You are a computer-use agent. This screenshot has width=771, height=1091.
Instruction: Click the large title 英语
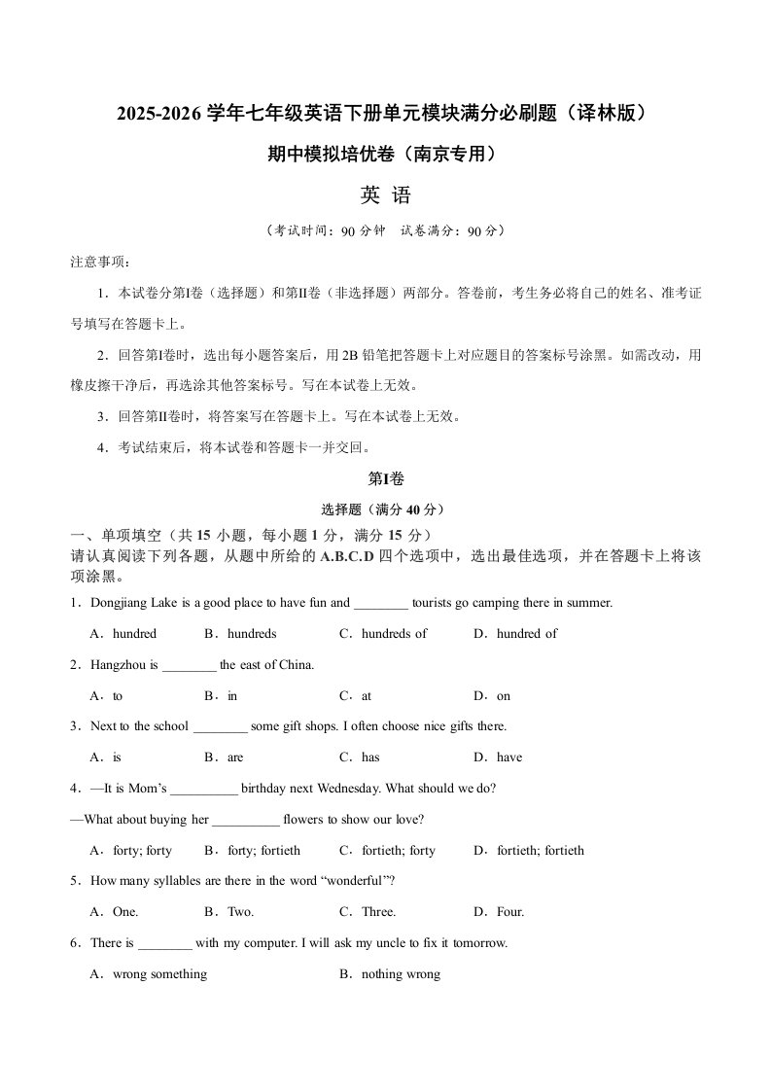click(x=386, y=195)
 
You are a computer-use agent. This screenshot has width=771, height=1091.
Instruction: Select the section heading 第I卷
click(x=386, y=478)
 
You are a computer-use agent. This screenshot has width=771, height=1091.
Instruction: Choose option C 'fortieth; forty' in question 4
click(x=398, y=850)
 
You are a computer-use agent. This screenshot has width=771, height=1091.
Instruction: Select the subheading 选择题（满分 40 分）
click(x=386, y=509)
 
